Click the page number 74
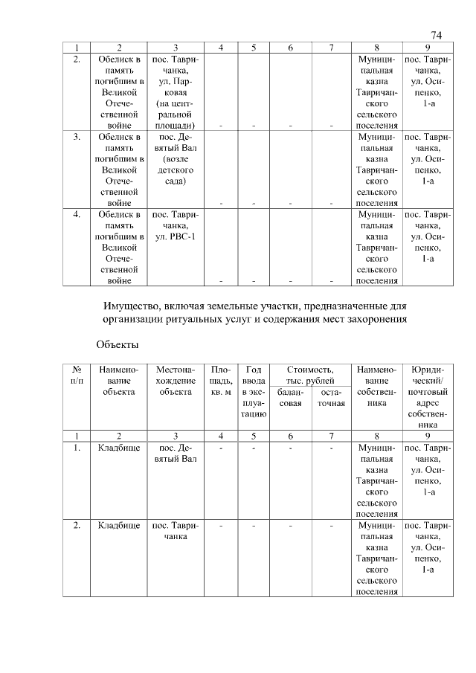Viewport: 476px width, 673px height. (436, 36)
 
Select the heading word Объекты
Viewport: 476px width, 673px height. (118, 344)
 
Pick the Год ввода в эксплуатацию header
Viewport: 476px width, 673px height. (254, 391)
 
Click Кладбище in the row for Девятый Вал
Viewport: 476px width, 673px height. (119, 448)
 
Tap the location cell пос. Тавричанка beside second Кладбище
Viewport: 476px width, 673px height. (175, 531)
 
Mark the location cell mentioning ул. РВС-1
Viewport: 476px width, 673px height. (175, 225)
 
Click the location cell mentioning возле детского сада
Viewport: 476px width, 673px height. (175, 158)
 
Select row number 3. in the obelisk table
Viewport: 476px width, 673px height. (77, 137)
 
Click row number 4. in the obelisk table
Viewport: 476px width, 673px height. (77, 214)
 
